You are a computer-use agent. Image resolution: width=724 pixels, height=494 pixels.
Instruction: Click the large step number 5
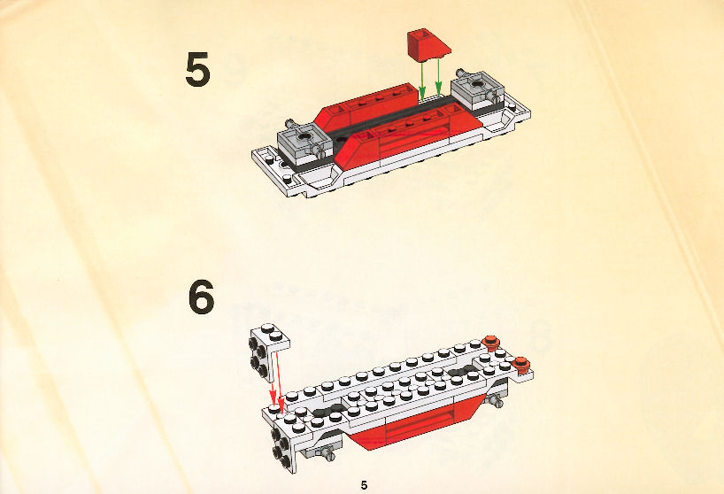pos(198,70)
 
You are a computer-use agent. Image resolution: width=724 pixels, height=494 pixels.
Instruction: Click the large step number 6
pos(201,297)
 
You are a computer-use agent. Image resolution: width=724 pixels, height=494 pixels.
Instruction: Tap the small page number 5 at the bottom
pos(365,485)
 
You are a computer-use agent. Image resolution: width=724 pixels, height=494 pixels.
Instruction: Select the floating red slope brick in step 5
pos(428,45)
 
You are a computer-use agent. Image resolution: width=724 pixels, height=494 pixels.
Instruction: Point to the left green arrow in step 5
pos(422,81)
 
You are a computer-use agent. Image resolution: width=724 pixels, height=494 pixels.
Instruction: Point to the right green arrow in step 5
pos(439,79)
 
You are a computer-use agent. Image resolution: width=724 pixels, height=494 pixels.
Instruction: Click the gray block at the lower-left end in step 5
pos(304,143)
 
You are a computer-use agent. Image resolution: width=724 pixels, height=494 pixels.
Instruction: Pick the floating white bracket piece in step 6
pos(269,351)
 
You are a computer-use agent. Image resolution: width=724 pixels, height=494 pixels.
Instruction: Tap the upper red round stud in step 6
pos(490,341)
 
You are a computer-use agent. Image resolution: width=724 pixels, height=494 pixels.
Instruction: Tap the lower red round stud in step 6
pos(522,364)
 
